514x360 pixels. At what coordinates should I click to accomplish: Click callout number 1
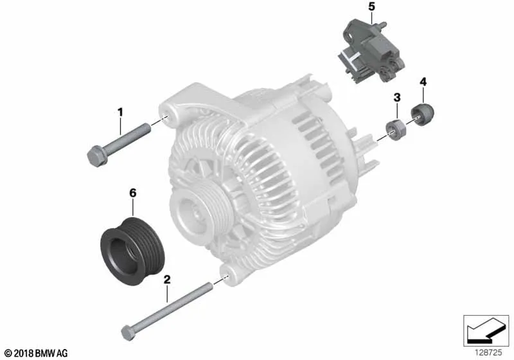click(120, 113)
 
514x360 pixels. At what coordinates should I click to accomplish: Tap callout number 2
click(167, 280)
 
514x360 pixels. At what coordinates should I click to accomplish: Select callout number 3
click(397, 97)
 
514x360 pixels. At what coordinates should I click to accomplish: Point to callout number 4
click(423, 82)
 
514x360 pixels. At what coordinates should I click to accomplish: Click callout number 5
click(371, 6)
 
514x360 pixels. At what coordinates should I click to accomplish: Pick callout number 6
click(133, 193)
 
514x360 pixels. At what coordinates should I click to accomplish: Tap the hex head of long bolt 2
click(128, 332)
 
